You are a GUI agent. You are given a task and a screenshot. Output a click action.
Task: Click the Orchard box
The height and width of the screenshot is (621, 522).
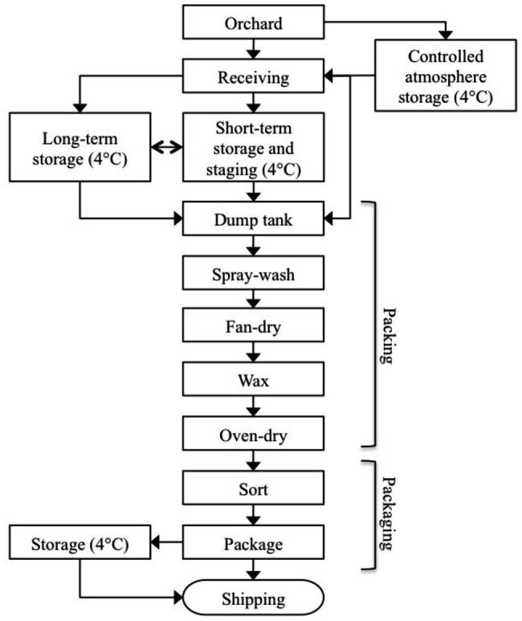(x=254, y=22)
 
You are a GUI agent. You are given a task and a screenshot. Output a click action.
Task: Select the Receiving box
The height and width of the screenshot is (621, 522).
(x=254, y=76)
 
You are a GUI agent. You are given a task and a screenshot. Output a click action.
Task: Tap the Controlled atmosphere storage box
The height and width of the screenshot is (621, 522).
(x=446, y=76)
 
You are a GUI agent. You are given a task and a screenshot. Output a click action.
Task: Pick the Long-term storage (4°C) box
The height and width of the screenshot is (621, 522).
(x=80, y=147)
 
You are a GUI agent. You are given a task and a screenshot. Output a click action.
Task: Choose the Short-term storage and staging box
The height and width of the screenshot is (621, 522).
(x=254, y=147)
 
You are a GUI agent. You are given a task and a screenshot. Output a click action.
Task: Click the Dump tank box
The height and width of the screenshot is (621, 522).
(x=254, y=219)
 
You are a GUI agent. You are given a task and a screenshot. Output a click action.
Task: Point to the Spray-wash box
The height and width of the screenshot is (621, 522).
(x=254, y=273)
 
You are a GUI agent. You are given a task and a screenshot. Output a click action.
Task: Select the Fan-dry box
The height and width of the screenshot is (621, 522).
(x=254, y=325)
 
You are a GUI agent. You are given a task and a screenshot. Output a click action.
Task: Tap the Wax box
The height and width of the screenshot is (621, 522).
(x=254, y=379)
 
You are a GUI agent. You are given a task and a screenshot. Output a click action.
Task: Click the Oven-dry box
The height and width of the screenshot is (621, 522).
(x=254, y=433)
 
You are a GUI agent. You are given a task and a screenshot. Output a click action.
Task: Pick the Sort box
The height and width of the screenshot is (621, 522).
(x=254, y=488)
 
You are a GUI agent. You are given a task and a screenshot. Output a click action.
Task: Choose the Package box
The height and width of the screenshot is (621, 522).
(x=254, y=542)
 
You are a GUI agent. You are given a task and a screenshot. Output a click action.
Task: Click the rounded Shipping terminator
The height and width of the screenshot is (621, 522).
(x=254, y=598)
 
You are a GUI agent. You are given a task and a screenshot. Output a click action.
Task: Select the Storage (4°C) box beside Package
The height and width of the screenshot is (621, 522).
(x=80, y=542)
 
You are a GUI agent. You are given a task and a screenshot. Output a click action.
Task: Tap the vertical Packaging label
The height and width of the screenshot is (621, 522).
(x=389, y=513)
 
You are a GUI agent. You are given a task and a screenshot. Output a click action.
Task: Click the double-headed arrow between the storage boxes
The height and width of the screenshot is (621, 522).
(x=167, y=147)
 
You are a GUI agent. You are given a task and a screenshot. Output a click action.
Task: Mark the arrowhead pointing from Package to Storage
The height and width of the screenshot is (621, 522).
(x=155, y=542)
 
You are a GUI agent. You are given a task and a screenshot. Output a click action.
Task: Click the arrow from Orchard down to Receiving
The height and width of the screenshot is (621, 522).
(x=254, y=49)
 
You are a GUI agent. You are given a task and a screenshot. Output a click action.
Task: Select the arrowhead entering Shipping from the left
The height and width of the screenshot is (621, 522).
(x=178, y=598)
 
